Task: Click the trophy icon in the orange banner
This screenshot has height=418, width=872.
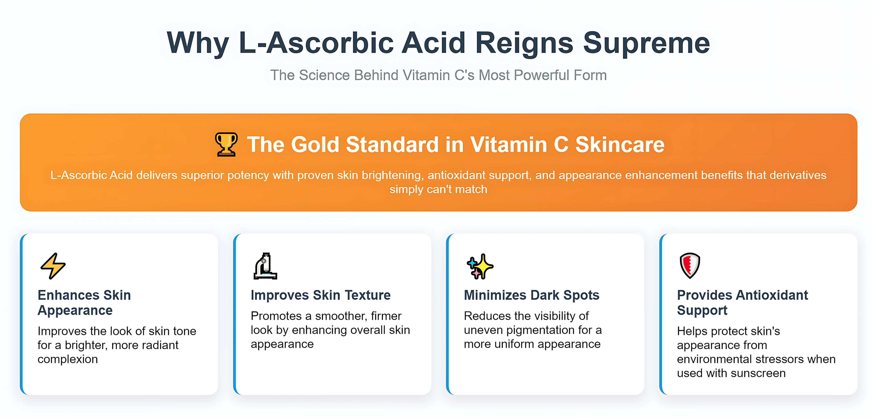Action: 226,144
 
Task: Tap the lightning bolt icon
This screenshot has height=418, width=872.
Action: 53,266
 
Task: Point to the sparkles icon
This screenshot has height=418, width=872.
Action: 480,266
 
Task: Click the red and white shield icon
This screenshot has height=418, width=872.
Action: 690,265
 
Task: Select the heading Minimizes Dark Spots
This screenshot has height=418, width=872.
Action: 531,295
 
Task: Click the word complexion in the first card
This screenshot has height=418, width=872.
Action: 68,359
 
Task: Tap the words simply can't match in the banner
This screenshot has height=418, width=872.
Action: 438,189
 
